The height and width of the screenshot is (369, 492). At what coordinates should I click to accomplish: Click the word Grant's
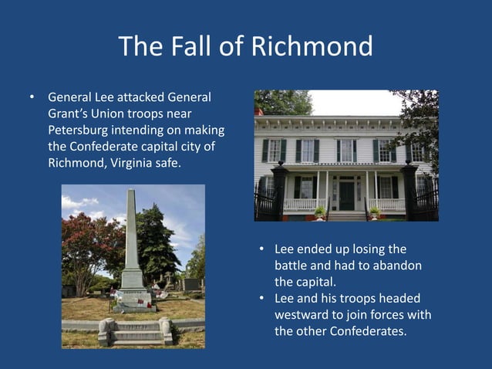point(67,113)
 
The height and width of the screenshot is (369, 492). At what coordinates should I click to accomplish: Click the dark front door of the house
point(347,196)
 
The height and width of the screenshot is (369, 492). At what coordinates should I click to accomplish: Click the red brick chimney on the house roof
point(259,112)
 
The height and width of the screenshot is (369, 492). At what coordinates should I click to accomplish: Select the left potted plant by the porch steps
point(319,211)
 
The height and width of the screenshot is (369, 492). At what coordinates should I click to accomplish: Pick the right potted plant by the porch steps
point(375,211)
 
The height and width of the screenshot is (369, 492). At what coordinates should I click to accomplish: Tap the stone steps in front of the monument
point(135,333)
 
